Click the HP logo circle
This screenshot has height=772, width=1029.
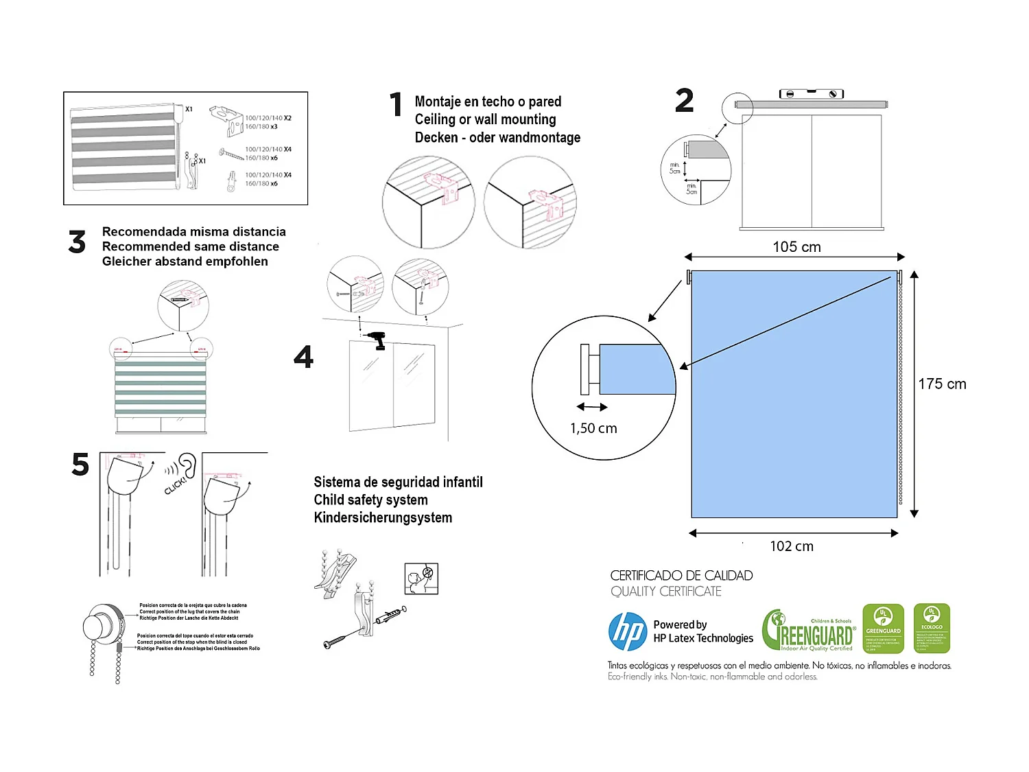pos(628,631)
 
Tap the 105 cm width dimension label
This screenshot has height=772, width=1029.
pos(796,247)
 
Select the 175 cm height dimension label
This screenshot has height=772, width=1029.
pos(942,384)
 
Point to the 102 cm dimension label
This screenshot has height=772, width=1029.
pos(792,546)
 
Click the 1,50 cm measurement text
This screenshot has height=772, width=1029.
pos(593,428)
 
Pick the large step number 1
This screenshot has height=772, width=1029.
pos(396,105)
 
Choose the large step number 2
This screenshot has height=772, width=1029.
pos(685,101)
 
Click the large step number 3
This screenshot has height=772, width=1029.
pos(77,243)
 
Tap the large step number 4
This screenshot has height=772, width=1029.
pos(303,357)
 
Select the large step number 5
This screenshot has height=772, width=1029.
pos(80,465)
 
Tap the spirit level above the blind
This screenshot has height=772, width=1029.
pos(812,94)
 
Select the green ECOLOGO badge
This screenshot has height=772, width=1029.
pos(932,629)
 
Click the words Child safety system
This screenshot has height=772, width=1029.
pos(370,500)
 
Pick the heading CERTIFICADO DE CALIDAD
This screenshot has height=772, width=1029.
pos(681,576)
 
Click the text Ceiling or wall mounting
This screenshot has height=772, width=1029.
pos(485,119)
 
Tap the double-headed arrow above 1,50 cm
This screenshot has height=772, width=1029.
pos(592,407)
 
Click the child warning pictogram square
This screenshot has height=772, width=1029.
pos(421,578)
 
